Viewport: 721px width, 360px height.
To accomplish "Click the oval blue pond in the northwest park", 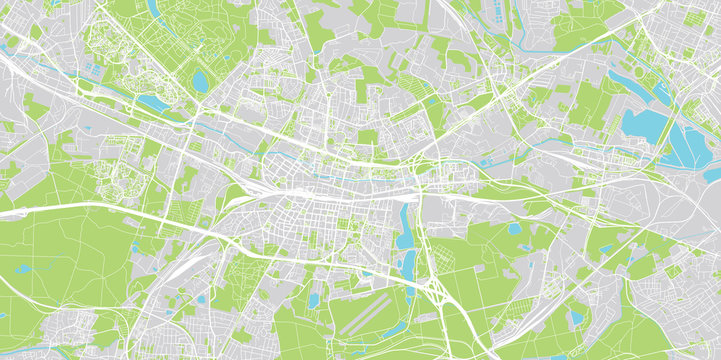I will pos(200,79).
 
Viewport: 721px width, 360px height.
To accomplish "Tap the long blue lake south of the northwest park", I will pos(156,101).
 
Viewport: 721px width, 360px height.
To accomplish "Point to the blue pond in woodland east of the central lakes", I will pos(513,229).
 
